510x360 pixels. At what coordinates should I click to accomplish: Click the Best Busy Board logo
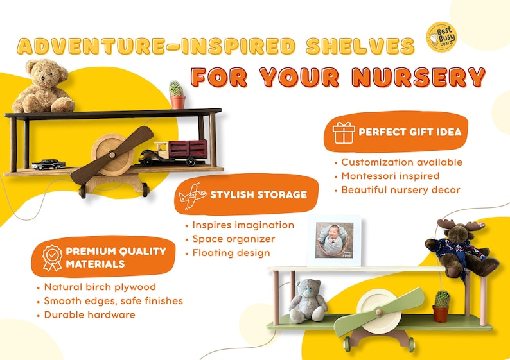[x=442, y=37]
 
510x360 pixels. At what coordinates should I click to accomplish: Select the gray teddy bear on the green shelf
[x=308, y=301]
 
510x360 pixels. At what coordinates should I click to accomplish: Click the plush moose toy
[x=461, y=248]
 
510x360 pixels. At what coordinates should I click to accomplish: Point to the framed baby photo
[x=335, y=241]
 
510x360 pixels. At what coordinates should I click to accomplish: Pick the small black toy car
[x=48, y=164]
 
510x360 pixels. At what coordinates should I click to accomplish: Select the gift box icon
[x=344, y=133]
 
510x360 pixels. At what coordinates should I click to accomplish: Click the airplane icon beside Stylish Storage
[x=193, y=195]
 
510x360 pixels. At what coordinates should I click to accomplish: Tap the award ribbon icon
[x=52, y=258]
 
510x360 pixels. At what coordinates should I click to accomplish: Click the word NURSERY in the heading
[x=419, y=78]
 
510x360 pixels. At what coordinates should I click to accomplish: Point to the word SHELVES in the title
[x=360, y=46]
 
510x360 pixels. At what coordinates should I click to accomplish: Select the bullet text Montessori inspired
[x=391, y=176]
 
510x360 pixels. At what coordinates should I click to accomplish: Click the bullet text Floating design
[x=231, y=253]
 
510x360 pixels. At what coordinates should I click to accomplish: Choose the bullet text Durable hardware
[x=90, y=314]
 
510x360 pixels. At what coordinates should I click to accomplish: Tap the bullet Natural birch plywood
[x=100, y=287]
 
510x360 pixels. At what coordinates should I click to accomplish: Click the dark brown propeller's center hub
[x=112, y=155]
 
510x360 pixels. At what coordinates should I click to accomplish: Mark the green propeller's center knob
[x=378, y=313]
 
